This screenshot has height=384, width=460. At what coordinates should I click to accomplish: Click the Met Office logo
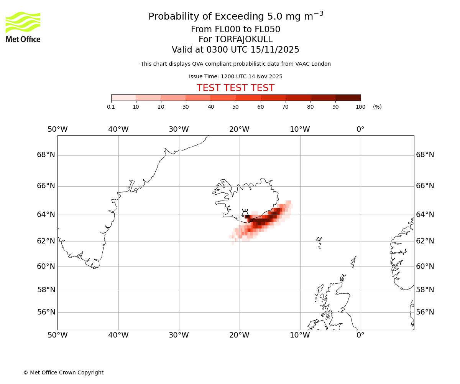[x=23, y=27]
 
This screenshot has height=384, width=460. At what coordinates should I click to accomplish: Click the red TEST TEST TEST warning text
[x=235, y=88]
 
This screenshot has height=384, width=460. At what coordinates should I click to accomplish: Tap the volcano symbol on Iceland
[x=245, y=213]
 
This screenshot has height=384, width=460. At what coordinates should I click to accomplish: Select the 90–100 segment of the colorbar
[x=348, y=98]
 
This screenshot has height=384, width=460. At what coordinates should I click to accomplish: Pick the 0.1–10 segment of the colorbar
[x=123, y=98]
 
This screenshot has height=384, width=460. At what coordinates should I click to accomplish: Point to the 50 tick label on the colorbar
[x=235, y=107]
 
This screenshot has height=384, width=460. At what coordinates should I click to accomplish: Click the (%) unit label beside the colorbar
[x=377, y=107]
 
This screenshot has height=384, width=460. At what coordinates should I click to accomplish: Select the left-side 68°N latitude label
[x=46, y=155]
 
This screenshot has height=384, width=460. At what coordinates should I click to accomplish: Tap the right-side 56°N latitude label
[x=425, y=312]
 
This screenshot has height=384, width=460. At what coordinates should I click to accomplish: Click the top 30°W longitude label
[x=179, y=129]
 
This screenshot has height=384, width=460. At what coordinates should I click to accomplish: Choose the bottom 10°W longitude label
[x=300, y=335]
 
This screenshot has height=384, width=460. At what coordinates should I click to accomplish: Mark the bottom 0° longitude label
[x=360, y=335]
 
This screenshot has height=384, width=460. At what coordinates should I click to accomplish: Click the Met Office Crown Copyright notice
[x=63, y=372]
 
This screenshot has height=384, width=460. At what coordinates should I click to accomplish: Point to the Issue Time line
[x=235, y=77]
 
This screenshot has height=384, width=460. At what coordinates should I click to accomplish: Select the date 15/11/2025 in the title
[x=275, y=50]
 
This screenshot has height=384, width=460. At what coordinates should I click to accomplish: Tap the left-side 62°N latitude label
[x=46, y=241]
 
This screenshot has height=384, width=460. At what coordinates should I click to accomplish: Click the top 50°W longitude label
[x=58, y=129]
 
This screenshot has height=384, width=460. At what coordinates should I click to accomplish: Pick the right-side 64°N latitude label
[x=425, y=215]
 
